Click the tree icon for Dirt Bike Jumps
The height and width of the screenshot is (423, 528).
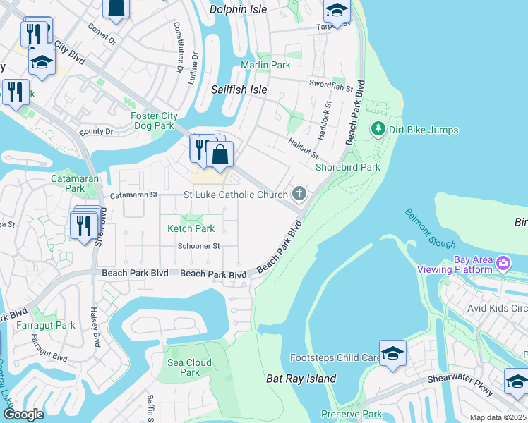pyautogui.click(x=378, y=130)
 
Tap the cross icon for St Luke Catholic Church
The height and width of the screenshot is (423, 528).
pyautogui.click(x=299, y=194)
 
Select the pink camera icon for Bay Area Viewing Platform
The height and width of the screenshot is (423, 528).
pyautogui.click(x=503, y=264)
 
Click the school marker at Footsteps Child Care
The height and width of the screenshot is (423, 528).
pyautogui.click(x=392, y=354)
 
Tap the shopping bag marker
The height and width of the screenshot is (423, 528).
pyautogui.click(x=220, y=154)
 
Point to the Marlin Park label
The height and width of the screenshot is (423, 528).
pyautogui.click(x=265, y=65)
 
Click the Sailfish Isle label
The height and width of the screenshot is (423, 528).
pyautogui.click(x=239, y=90)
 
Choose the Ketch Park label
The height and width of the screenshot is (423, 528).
pyautogui.click(x=191, y=228)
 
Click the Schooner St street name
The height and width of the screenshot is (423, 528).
pyautogui.click(x=199, y=246)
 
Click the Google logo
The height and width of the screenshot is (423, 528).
pyautogui.click(x=23, y=415)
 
